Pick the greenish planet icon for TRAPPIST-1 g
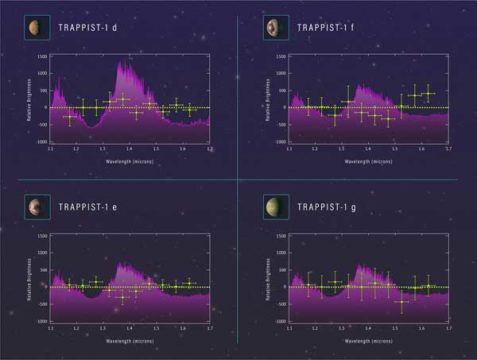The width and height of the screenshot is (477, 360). (271, 207)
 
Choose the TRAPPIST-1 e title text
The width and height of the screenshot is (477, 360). (90, 207)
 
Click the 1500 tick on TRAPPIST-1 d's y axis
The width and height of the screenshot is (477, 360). (42, 58)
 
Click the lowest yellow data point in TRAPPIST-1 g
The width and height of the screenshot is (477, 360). (403, 301)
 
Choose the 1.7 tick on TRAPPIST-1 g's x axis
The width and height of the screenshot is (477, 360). (447, 328)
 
